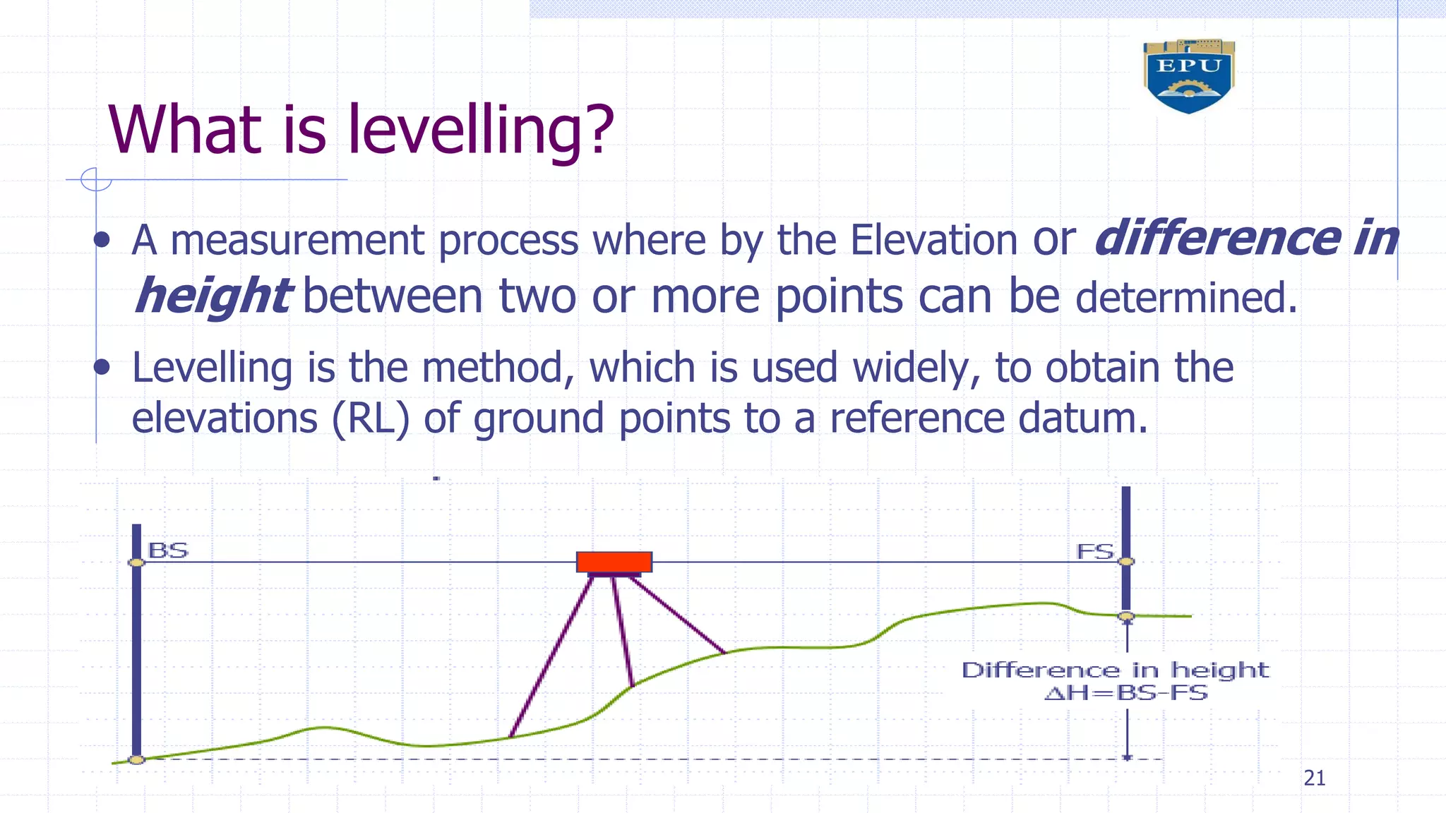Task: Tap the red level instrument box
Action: (614, 562)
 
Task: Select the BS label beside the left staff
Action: (168, 550)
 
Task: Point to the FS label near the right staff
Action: (1094, 551)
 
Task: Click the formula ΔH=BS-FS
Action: (1126, 693)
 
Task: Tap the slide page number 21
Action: (1314, 778)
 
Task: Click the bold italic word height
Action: (212, 296)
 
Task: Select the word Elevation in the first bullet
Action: (932, 240)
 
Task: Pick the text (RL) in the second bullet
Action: (371, 418)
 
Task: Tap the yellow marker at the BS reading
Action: (136, 562)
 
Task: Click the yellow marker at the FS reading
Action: (1127, 562)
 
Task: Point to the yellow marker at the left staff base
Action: (136, 759)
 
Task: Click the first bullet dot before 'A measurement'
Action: (102, 240)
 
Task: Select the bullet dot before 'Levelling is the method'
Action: (102, 367)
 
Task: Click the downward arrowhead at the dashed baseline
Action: (1127, 757)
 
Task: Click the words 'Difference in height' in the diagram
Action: (1115, 670)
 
